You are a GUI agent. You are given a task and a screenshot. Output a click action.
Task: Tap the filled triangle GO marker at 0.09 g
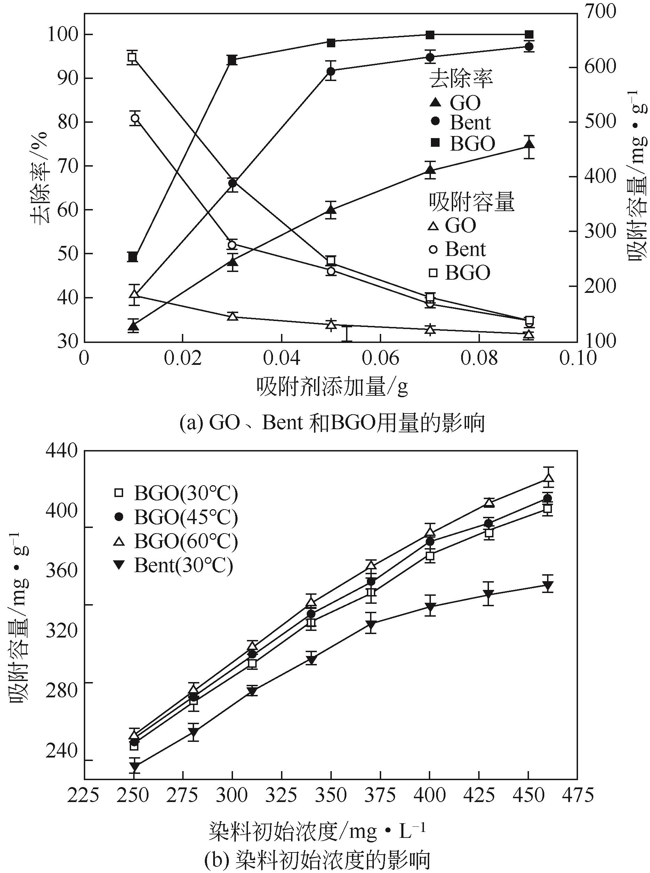[530, 145]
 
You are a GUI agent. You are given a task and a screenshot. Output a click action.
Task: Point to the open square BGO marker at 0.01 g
[132, 58]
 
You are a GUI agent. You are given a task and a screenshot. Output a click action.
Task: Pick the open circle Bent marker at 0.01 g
[135, 118]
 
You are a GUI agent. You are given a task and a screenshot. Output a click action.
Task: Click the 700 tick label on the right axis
[600, 12]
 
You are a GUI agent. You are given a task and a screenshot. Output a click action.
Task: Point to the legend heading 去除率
[461, 79]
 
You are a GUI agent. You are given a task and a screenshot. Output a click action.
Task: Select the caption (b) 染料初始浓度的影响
[317, 859]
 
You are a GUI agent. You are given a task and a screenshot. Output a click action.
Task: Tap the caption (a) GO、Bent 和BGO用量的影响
[332, 423]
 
